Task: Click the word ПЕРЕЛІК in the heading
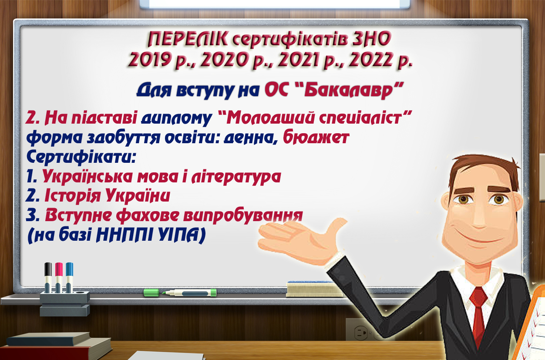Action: coord(188,39)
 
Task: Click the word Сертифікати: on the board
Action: coord(81,157)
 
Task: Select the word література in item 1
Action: coord(236,176)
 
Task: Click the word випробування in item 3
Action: coord(243,215)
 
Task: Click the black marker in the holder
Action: coord(48,277)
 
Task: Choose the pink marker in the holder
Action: coord(59,277)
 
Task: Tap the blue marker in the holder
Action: coord(69,277)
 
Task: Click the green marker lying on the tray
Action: coord(180,293)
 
